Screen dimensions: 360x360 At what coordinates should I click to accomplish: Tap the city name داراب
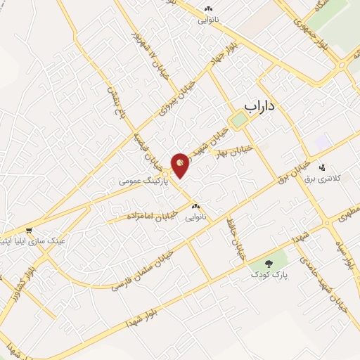click(x=261, y=105)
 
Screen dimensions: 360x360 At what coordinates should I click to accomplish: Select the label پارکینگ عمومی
click(x=140, y=181)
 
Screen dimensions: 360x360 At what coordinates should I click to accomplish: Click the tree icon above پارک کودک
click(x=269, y=264)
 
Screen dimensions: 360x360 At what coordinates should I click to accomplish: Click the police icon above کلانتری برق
click(x=322, y=168)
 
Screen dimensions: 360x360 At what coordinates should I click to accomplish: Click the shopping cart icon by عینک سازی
click(x=28, y=230)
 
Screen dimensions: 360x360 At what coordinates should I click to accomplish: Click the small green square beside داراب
click(x=239, y=120)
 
